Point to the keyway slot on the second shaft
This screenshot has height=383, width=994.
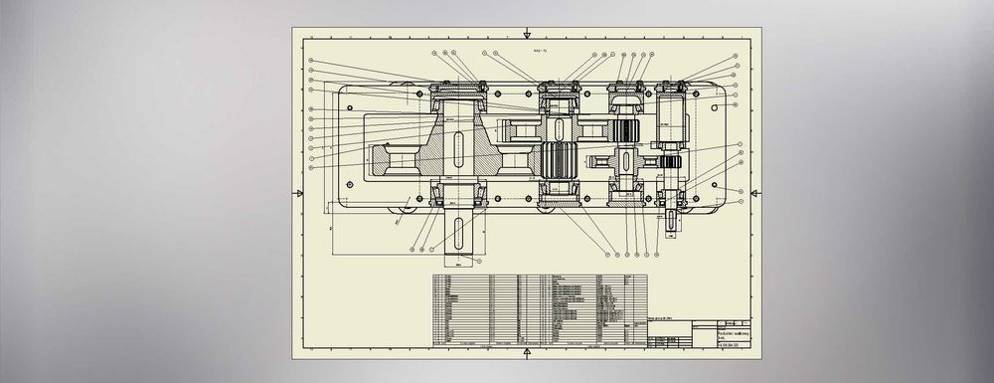click(x=559, y=130)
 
